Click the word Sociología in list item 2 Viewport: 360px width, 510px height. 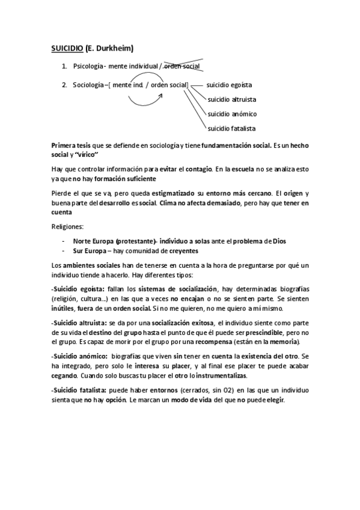coord(88,85)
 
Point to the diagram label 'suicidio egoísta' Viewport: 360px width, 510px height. coord(229,85)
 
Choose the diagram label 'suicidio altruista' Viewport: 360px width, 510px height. coord(231,99)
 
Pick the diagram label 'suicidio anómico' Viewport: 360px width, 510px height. coord(231,114)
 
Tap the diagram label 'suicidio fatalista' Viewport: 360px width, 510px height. coord(231,128)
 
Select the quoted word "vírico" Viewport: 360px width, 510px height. coord(85,155)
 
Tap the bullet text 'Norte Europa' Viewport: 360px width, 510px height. coord(93,241)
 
